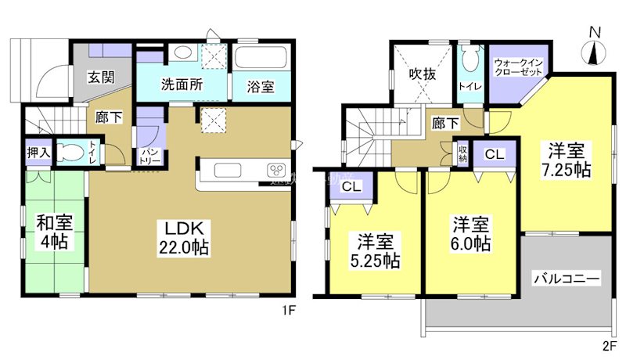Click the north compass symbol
(x=595, y=49)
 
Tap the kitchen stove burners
(x=276, y=171)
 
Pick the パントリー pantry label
(x=150, y=156)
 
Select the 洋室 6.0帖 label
(x=469, y=234)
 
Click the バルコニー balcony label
(x=567, y=278)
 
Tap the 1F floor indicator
(x=289, y=311)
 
